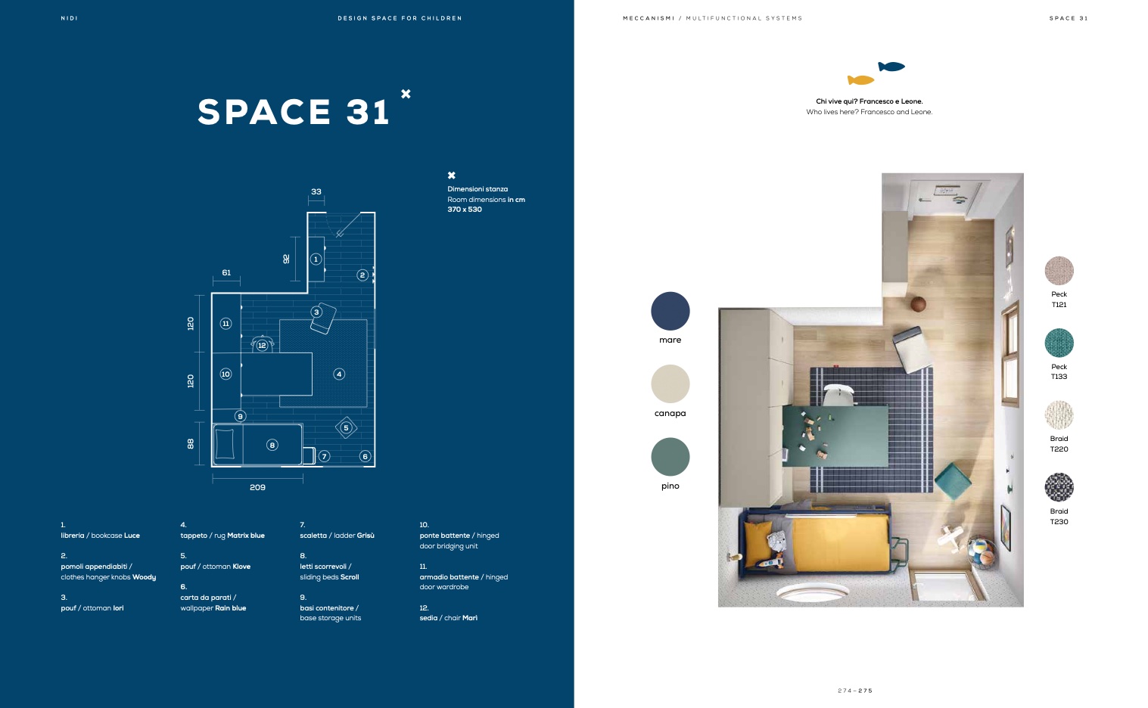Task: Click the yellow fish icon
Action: tap(860, 80)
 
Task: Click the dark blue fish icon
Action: tap(891, 66)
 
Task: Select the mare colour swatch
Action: tap(670, 311)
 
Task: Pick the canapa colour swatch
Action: tap(670, 383)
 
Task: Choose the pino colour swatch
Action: tap(670, 456)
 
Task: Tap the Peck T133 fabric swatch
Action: tap(1059, 343)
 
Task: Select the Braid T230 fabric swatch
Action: tap(1059, 487)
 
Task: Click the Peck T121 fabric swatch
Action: tap(1059, 271)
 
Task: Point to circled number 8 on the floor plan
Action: tap(272, 446)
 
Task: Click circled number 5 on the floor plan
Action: tap(346, 428)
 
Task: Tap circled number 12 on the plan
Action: tap(262, 345)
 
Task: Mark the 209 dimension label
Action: tap(257, 487)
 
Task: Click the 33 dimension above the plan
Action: tap(316, 191)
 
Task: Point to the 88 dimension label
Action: tap(191, 444)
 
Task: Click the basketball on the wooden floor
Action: tap(918, 304)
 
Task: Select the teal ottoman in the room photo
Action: tap(953, 481)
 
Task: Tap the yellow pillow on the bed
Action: tap(758, 543)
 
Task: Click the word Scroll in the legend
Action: tap(350, 577)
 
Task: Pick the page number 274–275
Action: tap(855, 691)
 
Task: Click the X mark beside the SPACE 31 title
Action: tap(406, 94)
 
